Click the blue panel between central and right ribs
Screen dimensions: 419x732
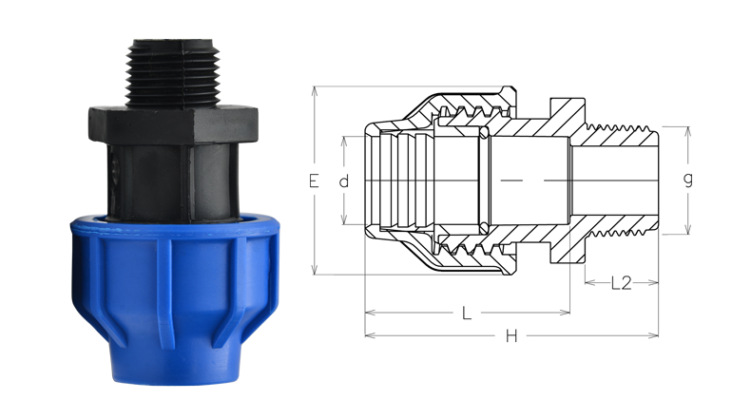tap(200, 285)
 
